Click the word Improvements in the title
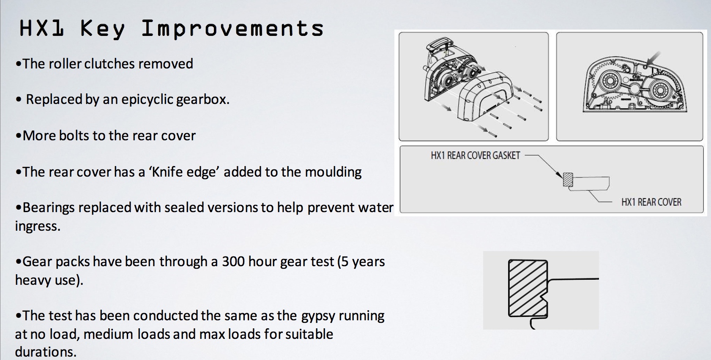[232, 29]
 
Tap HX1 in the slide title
[42, 28]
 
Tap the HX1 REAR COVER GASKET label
[475, 155]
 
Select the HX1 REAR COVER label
[651, 202]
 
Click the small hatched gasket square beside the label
[568, 180]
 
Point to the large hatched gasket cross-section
[528, 288]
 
